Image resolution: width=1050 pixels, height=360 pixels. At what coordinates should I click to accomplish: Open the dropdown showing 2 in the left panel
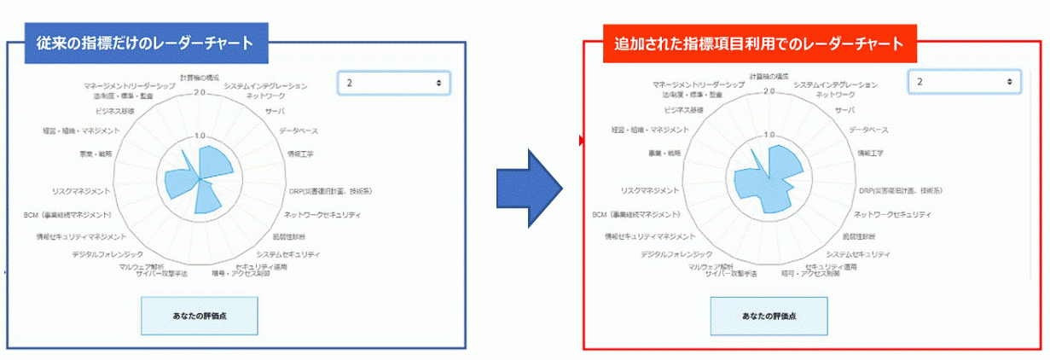(394, 83)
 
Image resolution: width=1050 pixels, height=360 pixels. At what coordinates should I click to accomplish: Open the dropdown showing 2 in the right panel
(964, 82)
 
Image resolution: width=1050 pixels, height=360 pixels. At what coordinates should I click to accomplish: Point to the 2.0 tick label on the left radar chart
(200, 92)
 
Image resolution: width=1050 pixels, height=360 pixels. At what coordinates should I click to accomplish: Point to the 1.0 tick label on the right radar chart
(769, 136)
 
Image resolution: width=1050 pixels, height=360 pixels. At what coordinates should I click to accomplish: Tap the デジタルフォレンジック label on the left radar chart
(107, 254)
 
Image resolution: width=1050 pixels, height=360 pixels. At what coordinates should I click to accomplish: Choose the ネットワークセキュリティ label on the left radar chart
(322, 214)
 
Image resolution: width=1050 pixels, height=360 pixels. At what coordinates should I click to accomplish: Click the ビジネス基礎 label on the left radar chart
(115, 111)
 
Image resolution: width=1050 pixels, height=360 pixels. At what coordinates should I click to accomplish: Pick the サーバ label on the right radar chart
(844, 111)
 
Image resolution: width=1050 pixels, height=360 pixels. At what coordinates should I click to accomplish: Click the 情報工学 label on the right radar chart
(871, 154)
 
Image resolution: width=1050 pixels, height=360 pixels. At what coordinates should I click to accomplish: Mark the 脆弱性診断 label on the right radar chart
(867, 235)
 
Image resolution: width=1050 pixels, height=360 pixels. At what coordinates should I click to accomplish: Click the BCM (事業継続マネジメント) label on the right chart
(637, 214)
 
